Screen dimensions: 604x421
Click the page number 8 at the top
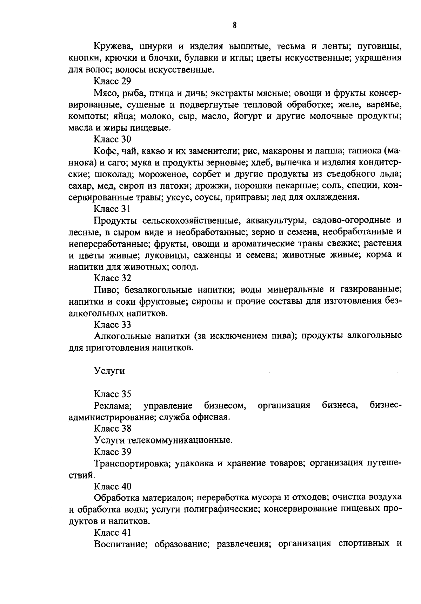tap(234, 25)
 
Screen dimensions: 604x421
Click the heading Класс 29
tap(112, 81)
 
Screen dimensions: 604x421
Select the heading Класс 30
tap(112, 139)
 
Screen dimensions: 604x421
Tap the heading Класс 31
tap(112, 209)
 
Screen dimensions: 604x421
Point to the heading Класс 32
tap(112, 278)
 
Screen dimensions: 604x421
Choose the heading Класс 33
tap(112, 325)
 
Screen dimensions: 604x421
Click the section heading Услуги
tap(109, 371)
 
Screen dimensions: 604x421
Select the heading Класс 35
tap(112, 394)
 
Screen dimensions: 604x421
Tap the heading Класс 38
tap(112, 428)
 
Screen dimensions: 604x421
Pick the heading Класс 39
tap(112, 452)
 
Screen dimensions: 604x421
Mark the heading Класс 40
tap(112, 486)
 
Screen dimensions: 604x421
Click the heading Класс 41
tap(112, 533)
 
